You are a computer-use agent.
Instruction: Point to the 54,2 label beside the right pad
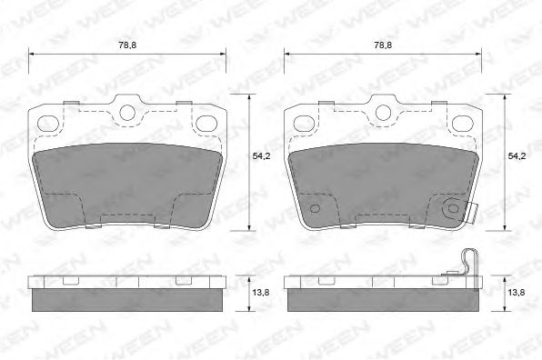pos(516,156)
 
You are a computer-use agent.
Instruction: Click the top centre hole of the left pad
pos(127,113)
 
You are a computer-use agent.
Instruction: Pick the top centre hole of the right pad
pos(381,113)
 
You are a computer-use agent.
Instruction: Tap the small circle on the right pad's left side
pos(316,209)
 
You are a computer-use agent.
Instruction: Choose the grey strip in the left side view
pos(127,298)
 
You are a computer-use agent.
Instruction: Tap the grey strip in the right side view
pos(381,298)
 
